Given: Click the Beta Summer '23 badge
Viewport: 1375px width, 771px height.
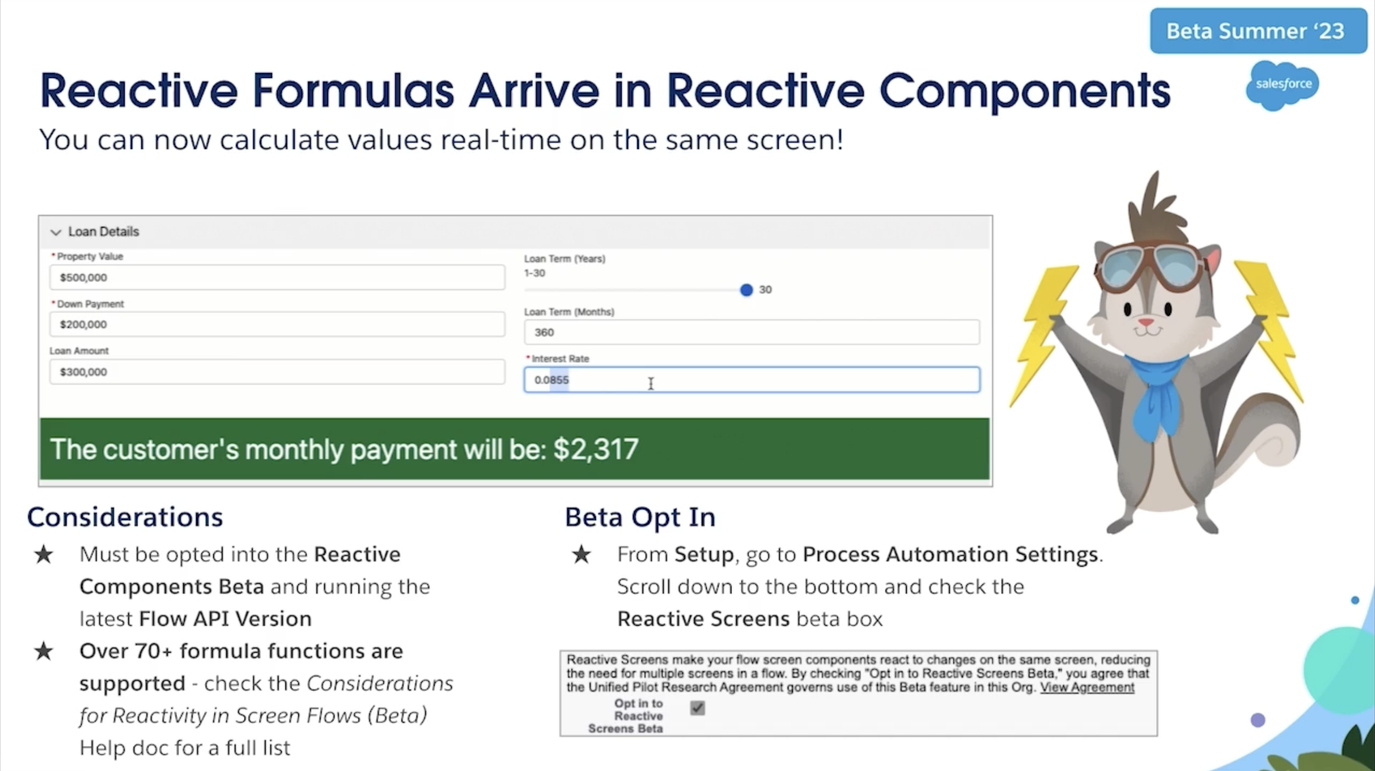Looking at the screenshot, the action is pos(1258,31).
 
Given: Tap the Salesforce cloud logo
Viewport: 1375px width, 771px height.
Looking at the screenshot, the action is pos(1283,86).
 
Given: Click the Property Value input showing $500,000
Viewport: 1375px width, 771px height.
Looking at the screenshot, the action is pos(277,277).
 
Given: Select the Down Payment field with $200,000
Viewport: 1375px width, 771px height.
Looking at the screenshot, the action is pos(277,324).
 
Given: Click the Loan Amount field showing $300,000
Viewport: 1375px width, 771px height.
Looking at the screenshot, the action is pos(277,372).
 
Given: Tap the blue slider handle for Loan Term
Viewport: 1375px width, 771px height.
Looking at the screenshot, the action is pos(746,290).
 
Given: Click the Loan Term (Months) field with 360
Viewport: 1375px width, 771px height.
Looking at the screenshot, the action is pos(751,332).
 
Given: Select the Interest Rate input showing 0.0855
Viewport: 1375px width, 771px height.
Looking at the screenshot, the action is pos(751,380).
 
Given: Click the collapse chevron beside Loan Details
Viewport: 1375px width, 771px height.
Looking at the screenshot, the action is pos(55,232).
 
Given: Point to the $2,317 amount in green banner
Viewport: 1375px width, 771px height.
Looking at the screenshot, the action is pos(596,449).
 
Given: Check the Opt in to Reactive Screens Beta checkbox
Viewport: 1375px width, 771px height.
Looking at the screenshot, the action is pos(698,708).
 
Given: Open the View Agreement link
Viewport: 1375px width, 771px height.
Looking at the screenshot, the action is pos(1087,687).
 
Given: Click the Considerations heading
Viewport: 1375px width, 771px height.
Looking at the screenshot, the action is pos(125,517).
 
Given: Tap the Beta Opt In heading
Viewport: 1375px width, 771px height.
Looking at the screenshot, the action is pos(640,517).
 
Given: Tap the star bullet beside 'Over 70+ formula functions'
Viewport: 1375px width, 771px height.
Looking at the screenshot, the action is pos(44,651).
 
